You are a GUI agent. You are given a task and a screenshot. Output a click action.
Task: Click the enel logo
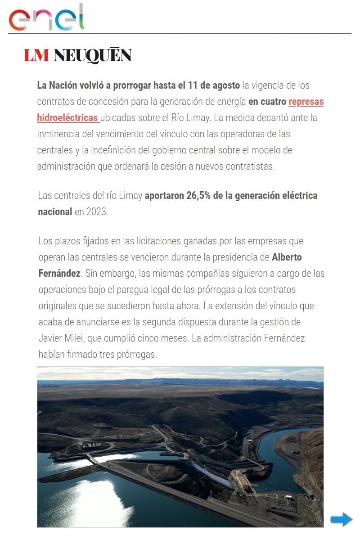click(47, 18)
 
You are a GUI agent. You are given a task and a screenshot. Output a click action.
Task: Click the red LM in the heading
click(36, 55)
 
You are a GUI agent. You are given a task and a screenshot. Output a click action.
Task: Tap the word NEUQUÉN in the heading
click(92, 55)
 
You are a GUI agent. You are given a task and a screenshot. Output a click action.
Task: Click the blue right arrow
click(341, 519)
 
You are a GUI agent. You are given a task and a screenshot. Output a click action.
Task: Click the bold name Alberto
click(287, 257)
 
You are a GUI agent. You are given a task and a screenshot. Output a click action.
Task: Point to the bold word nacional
click(55, 212)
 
